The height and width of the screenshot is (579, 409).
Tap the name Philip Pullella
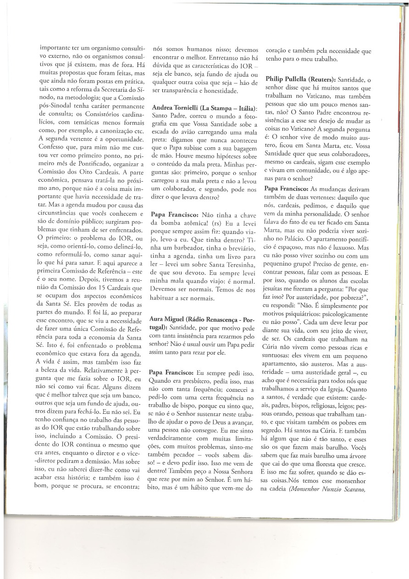pos(291,79)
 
